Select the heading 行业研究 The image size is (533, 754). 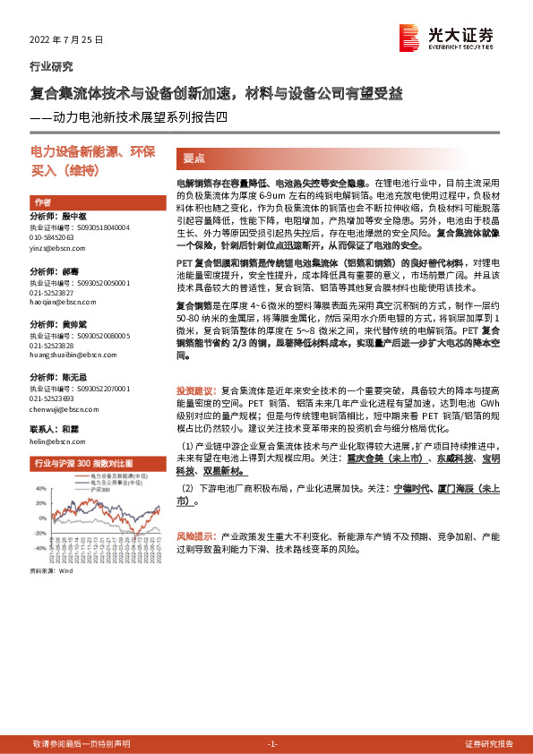pyautogui.click(x=52, y=66)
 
